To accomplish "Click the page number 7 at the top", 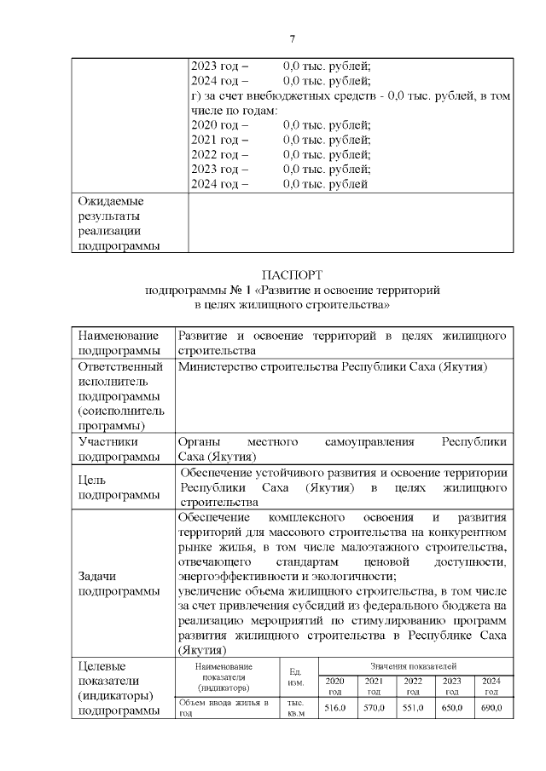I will point(293,39).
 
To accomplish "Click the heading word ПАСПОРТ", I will point(293,275).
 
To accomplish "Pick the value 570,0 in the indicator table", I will point(375,708).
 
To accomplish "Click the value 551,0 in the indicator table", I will point(414,708).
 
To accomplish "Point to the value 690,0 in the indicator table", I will point(491,708).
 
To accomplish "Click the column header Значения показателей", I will point(415,665).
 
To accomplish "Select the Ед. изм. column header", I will point(297,676).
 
